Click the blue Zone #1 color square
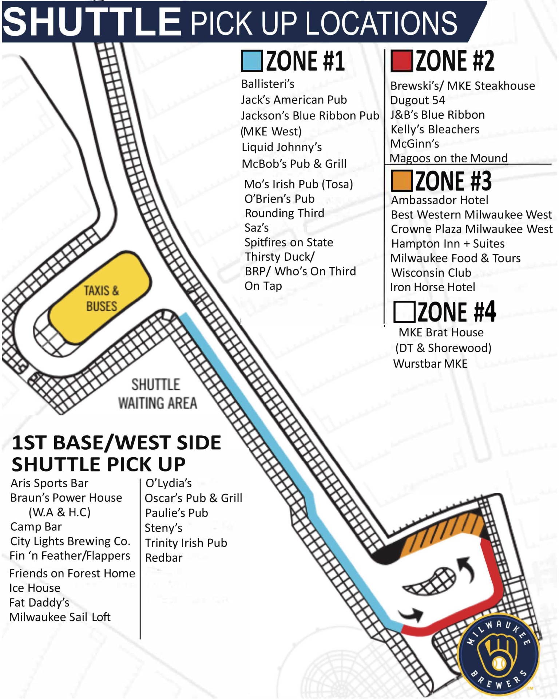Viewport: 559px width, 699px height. (252, 61)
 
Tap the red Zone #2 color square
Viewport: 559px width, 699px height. (401, 61)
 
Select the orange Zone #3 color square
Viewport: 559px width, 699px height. (401, 181)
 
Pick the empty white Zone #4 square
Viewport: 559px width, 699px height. (404, 312)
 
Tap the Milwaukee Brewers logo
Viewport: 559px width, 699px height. (498, 655)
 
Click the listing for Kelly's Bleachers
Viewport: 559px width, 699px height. (435, 130)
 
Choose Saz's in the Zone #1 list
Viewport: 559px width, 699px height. (257, 228)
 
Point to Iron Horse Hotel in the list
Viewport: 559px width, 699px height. (432, 287)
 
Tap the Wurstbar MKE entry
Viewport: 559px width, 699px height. (430, 364)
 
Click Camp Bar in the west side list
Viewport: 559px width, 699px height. (36, 527)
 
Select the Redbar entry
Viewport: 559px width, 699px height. (163, 558)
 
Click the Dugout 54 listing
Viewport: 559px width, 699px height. (417, 100)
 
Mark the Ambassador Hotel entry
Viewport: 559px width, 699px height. (439, 200)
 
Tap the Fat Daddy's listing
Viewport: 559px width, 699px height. (39, 603)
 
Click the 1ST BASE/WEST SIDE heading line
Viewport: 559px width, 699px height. (116, 443)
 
